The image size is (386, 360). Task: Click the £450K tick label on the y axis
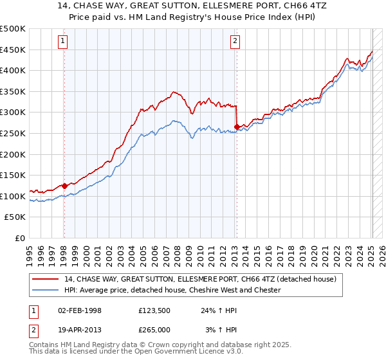coord(13,50)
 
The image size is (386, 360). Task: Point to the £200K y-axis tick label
coord(13,154)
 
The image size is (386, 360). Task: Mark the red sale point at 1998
coord(64,186)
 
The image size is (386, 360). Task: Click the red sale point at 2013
coord(237,127)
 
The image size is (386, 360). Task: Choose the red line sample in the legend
coord(46,279)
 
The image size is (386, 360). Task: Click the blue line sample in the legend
coord(46,290)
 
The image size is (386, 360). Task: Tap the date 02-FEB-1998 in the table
coord(80,310)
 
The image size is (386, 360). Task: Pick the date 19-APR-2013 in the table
coord(80,329)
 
